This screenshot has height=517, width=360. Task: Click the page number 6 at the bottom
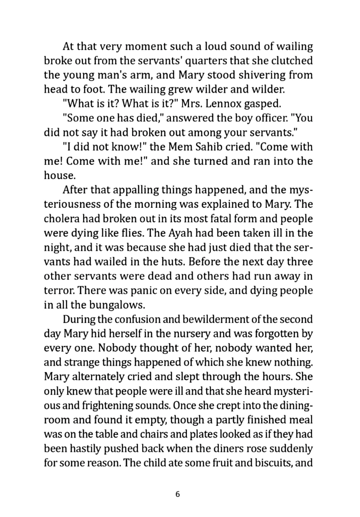(x=177, y=494)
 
